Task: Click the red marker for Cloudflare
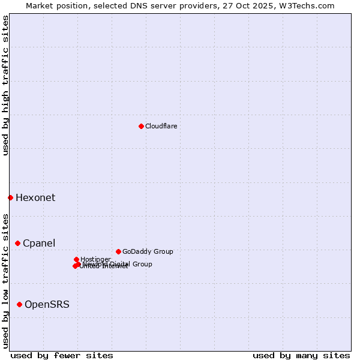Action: coord(141,126)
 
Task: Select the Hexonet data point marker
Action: coord(10,197)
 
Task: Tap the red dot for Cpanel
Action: coord(18,243)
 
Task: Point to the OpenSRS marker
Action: coord(20,304)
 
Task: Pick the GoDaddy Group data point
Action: coord(118,251)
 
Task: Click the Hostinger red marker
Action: coord(76,259)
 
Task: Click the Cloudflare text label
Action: coord(161,126)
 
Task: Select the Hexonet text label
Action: coord(35,198)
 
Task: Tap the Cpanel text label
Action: coord(39,244)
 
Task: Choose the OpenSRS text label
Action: coord(47,305)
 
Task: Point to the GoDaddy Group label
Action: coord(148,251)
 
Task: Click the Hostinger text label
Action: coord(95,259)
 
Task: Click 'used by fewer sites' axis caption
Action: coord(62,355)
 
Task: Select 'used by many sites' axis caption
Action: coord(301,355)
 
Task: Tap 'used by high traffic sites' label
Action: coord(5,85)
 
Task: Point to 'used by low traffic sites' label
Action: coord(5,280)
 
